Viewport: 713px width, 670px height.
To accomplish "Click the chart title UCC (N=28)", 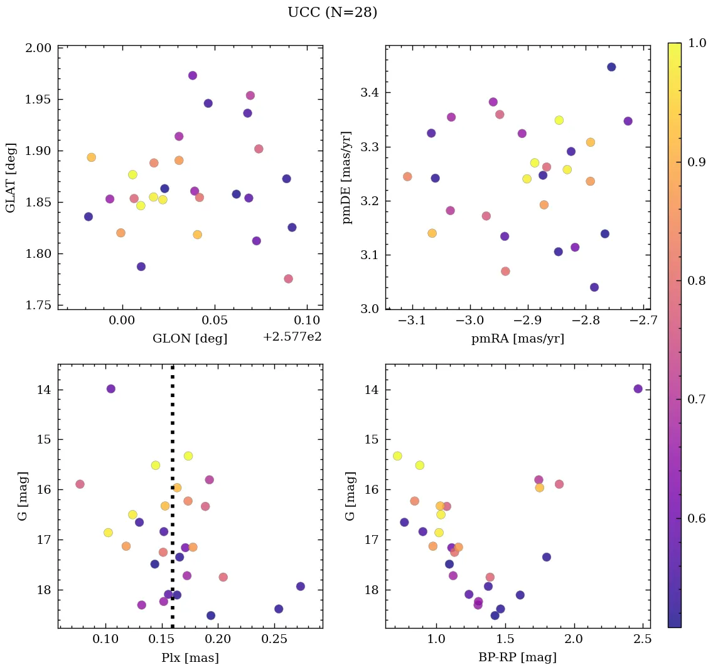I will tap(332, 13).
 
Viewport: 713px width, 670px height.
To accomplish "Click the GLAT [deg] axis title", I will tap(11, 177).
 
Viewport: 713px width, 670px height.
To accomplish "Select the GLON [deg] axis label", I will tap(190, 339).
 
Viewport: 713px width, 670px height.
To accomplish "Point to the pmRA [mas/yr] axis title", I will tap(517, 339).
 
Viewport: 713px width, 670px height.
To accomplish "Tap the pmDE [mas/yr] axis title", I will tap(346, 177).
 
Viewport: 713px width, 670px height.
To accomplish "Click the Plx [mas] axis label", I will tap(190, 657).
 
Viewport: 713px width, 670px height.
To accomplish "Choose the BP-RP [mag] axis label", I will tap(517, 657).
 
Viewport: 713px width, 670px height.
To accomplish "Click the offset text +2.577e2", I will tap(292, 336).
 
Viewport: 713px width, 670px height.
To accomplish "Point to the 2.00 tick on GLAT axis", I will tap(40, 48).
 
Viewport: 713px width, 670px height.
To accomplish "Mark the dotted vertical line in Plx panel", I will tap(173, 496).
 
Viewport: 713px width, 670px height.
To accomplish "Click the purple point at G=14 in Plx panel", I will tap(111, 389).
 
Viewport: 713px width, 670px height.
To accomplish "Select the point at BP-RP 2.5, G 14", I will tap(638, 389).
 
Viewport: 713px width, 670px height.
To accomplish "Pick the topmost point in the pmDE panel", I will tap(611, 67).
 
